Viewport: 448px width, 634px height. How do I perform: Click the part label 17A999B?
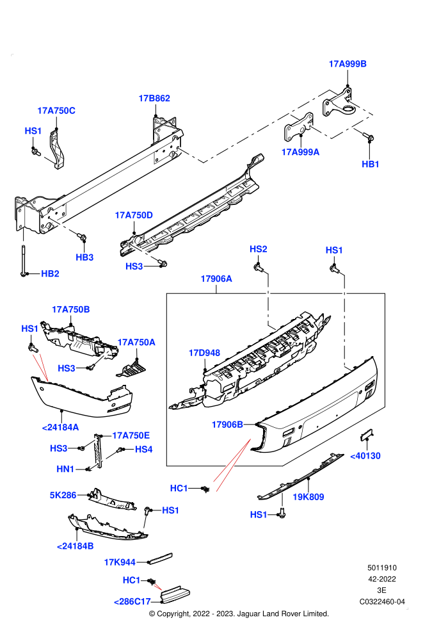[348, 64]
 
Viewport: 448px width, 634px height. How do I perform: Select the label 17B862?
[154, 98]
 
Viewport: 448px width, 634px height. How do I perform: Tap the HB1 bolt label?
[371, 164]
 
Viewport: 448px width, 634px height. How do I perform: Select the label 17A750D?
[134, 215]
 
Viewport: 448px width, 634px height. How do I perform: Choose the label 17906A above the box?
[216, 279]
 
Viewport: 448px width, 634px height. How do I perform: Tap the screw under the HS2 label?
[258, 267]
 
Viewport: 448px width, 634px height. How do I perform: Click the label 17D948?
[204, 353]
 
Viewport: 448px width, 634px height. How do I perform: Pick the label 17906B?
[227, 425]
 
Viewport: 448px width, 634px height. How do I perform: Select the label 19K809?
[308, 497]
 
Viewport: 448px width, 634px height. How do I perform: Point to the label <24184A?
[61, 427]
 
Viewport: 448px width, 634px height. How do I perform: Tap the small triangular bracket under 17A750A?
[131, 370]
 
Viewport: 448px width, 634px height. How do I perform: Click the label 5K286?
[63, 495]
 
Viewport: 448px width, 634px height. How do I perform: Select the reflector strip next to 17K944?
[161, 558]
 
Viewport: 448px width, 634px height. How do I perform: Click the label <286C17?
[132, 601]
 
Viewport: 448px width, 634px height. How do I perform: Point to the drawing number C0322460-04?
[382, 601]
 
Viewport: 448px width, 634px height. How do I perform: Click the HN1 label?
[65, 469]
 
